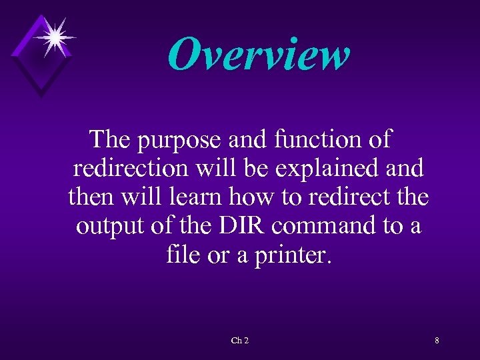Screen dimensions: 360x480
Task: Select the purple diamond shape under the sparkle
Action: pos(42,63)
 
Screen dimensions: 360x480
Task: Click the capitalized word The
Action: pos(111,139)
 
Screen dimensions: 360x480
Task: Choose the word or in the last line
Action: pos(219,256)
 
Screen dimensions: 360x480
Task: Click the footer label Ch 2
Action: pos(240,341)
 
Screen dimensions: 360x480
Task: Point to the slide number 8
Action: pos(437,341)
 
